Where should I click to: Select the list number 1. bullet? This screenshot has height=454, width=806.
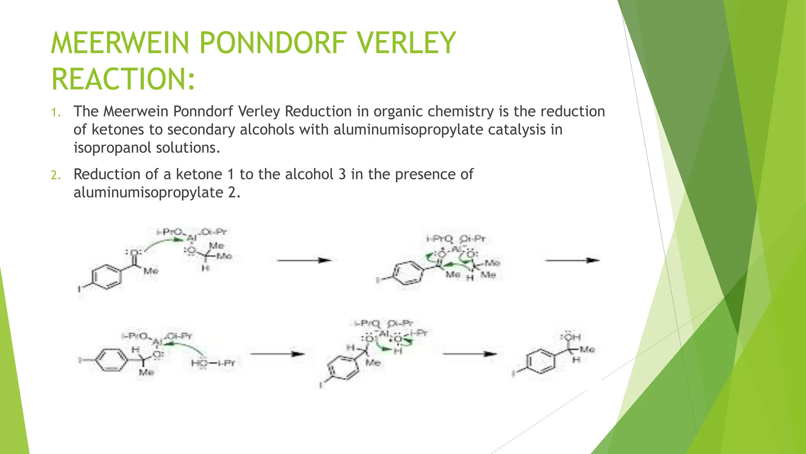click(56, 113)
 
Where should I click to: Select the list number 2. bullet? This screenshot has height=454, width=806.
click(56, 175)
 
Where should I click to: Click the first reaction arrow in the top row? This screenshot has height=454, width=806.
click(304, 260)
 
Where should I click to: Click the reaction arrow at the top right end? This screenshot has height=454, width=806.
click(572, 260)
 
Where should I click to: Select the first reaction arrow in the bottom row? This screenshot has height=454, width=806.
click(277, 354)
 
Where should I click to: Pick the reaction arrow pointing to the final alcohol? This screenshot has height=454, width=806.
click(470, 354)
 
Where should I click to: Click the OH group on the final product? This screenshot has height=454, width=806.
click(571, 337)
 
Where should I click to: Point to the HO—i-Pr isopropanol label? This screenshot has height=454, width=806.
click(213, 363)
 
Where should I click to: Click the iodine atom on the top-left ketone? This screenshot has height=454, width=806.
click(79, 290)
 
